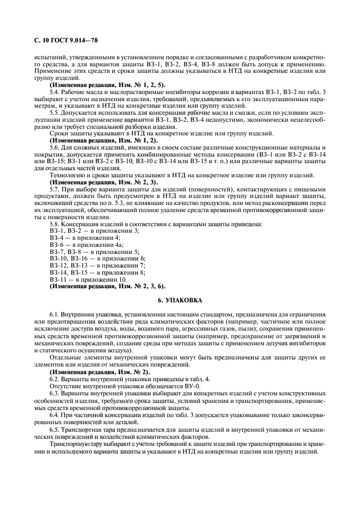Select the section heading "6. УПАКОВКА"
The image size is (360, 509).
point(180,300)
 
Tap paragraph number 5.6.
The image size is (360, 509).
point(54,148)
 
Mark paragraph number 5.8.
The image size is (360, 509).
point(54,224)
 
